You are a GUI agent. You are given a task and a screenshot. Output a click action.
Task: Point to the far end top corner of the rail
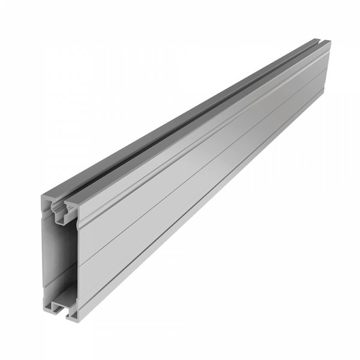click(329, 42)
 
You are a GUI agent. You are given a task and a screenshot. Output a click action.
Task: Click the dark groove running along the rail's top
click(192, 120)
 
